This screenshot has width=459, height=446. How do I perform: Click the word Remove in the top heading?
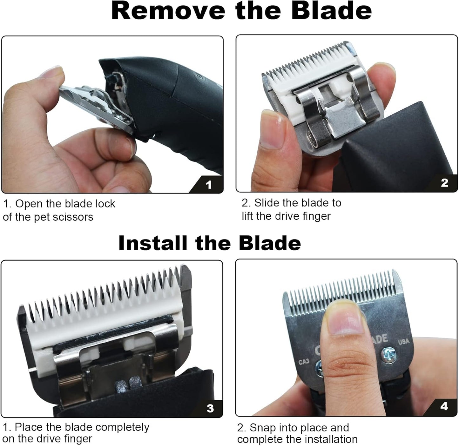point(168,11)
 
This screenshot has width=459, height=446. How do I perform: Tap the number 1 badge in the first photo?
point(208,185)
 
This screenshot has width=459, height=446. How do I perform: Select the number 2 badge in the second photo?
point(444,183)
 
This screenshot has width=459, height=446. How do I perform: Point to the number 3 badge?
point(210,408)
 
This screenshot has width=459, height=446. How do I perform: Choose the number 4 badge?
point(444,406)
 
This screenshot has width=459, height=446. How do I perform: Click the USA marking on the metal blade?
point(403,342)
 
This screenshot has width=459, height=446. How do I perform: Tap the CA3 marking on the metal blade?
point(304,362)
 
